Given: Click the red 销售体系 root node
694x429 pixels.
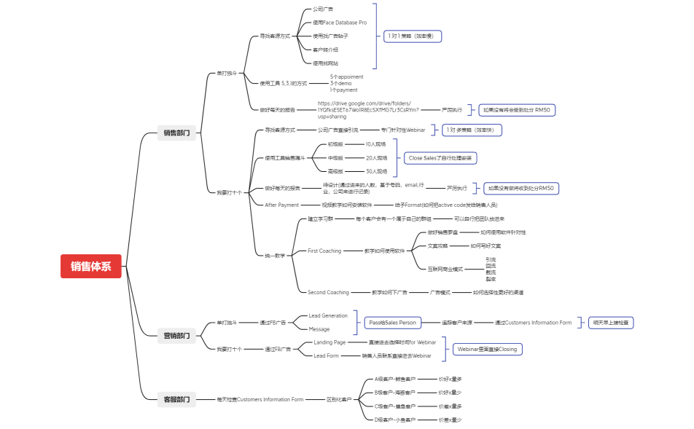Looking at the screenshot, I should pyautogui.click(x=91, y=267).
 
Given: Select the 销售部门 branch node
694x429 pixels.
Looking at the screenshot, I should pyautogui.click(x=176, y=133).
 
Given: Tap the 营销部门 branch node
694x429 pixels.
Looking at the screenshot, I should pyautogui.click(x=176, y=336).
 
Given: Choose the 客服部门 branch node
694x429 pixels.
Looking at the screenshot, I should pyautogui.click(x=176, y=399).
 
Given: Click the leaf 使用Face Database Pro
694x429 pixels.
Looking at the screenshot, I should pyautogui.click(x=339, y=23).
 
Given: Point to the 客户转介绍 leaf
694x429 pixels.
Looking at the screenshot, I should pyautogui.click(x=325, y=50).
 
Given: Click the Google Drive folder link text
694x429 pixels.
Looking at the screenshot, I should pyautogui.click(x=368, y=110).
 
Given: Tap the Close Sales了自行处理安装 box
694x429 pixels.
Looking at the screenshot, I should pyautogui.click(x=440, y=157).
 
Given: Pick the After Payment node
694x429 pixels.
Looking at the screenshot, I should pyautogui.click(x=282, y=205).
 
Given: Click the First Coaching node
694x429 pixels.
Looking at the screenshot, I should pyautogui.click(x=324, y=251).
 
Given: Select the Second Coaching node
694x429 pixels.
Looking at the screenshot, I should pyautogui.click(x=328, y=292).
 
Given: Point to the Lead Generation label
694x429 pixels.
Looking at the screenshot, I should pyautogui.click(x=328, y=315).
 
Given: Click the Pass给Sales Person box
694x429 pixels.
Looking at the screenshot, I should pyautogui.click(x=392, y=322).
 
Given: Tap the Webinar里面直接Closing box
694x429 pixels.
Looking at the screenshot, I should pyautogui.click(x=487, y=349).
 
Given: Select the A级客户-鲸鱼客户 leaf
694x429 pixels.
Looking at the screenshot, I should pyautogui.click(x=395, y=379).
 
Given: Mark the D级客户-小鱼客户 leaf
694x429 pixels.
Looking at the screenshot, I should pyautogui.click(x=395, y=420).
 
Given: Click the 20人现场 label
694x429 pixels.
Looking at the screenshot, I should pyautogui.click(x=376, y=157).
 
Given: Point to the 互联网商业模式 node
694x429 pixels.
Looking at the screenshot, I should pyautogui.click(x=445, y=269).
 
